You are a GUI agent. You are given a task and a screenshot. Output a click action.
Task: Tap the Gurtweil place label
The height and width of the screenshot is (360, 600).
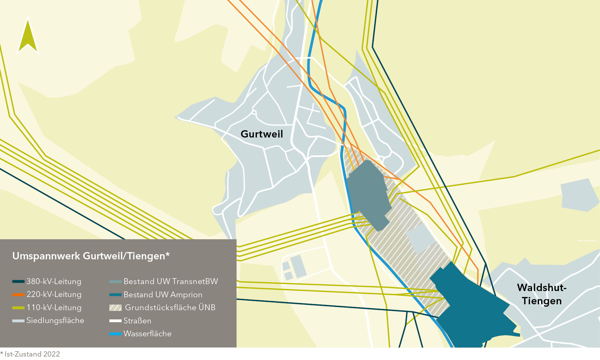point(262,134)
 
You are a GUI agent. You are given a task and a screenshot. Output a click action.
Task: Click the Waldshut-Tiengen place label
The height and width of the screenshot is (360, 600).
point(541,294)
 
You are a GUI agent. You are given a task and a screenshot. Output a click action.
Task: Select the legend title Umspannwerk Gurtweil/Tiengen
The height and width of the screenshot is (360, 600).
point(91,256)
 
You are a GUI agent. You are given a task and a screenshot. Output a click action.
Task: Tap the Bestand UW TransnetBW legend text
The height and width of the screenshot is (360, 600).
point(171,281)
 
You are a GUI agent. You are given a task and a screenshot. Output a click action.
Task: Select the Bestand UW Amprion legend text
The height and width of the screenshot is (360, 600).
point(163,295)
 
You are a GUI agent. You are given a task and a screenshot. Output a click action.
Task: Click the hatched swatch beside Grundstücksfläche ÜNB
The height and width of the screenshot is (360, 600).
point(115,308)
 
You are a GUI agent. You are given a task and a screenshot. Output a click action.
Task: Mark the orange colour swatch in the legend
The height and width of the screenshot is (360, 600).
point(18,295)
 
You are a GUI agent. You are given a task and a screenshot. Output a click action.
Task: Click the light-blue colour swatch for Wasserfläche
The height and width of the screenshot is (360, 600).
point(115,334)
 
